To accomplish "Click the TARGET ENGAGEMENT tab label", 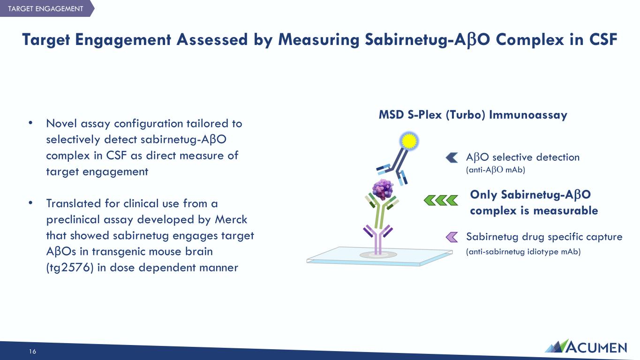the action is (x=46, y=8).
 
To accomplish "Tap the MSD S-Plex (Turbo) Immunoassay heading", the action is (x=473, y=115).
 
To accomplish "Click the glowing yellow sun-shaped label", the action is (x=409, y=141).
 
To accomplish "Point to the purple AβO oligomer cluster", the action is (x=383, y=189).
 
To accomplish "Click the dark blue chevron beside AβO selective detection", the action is (x=452, y=157).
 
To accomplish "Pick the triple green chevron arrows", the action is (x=441, y=200).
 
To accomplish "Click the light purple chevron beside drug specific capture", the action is (x=452, y=237).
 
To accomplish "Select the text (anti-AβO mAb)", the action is (x=496, y=170).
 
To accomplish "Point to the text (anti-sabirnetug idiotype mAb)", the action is (x=523, y=252).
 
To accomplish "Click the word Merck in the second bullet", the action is (x=231, y=219).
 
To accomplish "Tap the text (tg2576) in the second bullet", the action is (x=70, y=268).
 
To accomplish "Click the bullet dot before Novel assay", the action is (x=30, y=123).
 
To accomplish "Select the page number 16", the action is (x=32, y=352).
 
